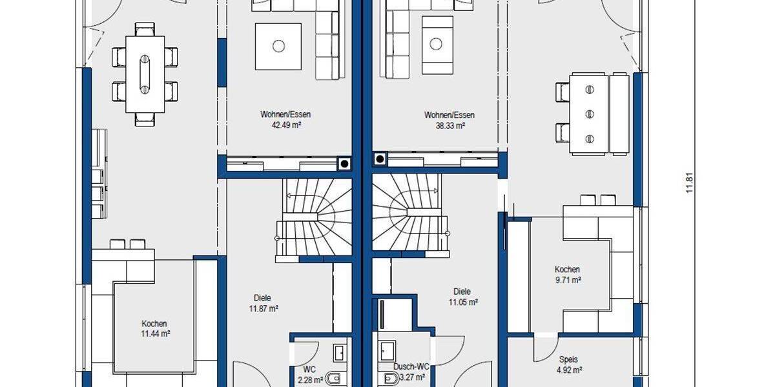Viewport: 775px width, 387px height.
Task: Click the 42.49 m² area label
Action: [x=281, y=125]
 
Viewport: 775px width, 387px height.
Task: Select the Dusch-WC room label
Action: [x=411, y=366]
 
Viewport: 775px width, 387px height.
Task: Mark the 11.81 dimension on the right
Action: [x=689, y=181]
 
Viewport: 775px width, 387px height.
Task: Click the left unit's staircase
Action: [x=315, y=219]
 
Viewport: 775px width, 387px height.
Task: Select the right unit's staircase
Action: [x=408, y=216]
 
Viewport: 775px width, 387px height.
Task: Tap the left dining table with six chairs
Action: [x=145, y=73]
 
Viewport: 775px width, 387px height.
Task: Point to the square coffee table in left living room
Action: [x=278, y=46]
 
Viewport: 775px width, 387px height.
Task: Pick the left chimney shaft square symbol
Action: [x=344, y=163]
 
